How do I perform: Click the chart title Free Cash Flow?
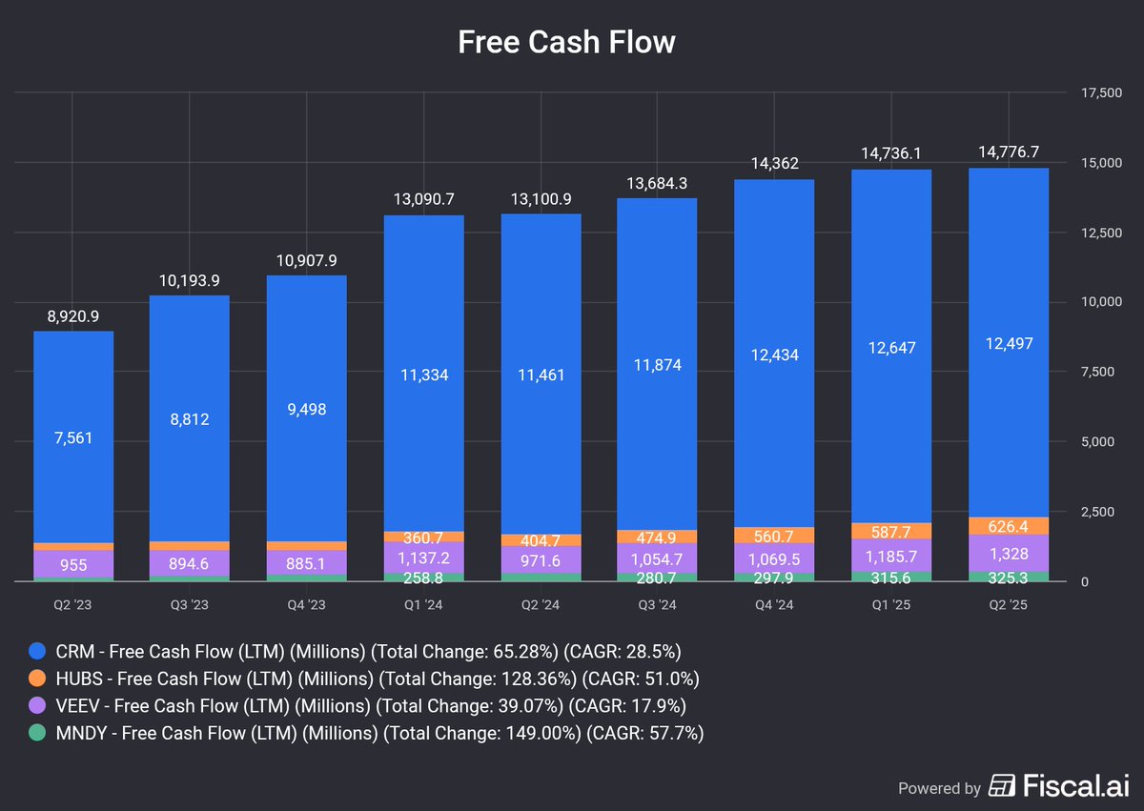point(566,42)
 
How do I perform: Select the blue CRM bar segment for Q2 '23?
point(73,437)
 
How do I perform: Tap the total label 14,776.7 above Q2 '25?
point(1008,152)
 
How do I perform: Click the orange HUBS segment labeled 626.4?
point(1008,526)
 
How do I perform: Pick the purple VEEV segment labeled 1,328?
point(1008,553)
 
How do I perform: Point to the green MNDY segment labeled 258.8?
point(423,577)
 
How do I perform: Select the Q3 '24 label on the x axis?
point(657,603)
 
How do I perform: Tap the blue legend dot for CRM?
point(36,652)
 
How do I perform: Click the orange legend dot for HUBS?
point(36,679)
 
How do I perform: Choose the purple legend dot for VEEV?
point(36,705)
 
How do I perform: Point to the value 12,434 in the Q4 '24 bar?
point(774,355)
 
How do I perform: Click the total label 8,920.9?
point(73,315)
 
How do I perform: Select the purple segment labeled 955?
point(73,564)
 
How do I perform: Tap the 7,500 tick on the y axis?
point(1095,372)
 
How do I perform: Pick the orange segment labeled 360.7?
point(423,537)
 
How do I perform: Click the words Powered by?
point(939,788)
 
